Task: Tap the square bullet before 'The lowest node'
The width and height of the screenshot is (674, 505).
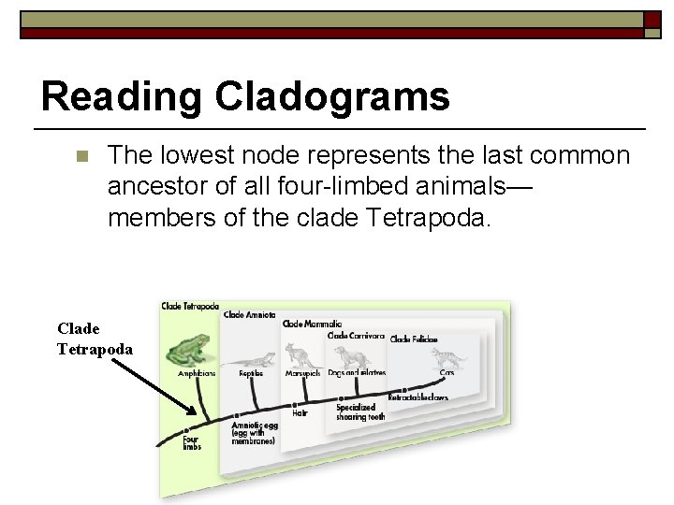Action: click(81, 155)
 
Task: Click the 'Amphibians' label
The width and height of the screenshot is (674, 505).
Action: click(197, 373)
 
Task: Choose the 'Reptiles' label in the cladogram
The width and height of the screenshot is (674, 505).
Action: click(251, 373)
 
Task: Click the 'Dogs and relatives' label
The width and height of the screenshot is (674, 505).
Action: click(357, 373)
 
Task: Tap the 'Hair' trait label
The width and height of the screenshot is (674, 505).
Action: click(300, 413)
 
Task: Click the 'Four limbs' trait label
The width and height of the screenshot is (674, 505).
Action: click(191, 441)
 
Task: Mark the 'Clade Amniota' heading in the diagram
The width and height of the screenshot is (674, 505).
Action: click(249, 315)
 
